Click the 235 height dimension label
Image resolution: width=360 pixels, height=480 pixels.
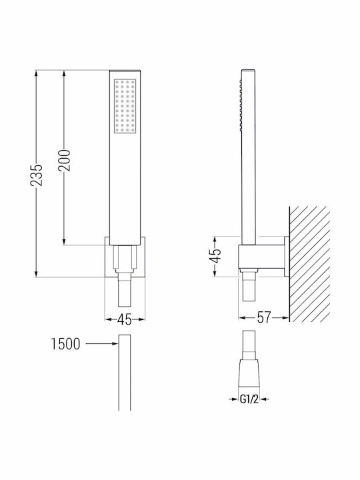point(37,175)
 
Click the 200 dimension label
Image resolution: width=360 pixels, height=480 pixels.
point(64,160)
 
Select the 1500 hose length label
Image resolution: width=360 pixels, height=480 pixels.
point(65,344)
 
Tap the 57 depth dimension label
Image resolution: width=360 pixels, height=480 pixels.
point(264,318)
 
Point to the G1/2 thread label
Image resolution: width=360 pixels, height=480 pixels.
point(249,399)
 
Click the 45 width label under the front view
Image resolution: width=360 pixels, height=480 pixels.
point(125,319)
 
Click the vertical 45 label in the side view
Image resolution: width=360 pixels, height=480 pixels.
point(215,256)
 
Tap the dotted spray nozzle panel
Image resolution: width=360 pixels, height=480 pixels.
point(125,106)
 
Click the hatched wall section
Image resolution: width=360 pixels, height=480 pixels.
point(309,264)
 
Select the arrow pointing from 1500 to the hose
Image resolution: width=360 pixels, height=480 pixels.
point(101,344)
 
